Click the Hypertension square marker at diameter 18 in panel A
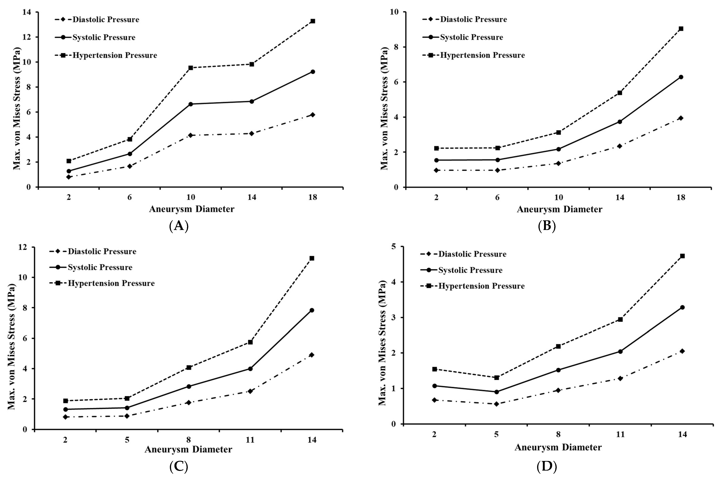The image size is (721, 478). [x=313, y=21]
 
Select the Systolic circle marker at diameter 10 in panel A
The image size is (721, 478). [x=191, y=104]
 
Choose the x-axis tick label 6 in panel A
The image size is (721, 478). [x=130, y=197]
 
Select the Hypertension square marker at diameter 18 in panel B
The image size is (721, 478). [x=681, y=29]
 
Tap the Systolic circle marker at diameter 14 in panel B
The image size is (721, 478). [x=620, y=122]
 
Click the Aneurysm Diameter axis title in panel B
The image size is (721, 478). [x=559, y=209]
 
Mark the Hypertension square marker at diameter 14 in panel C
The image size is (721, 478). [x=312, y=258]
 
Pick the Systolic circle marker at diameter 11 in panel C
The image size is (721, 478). [x=250, y=368]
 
